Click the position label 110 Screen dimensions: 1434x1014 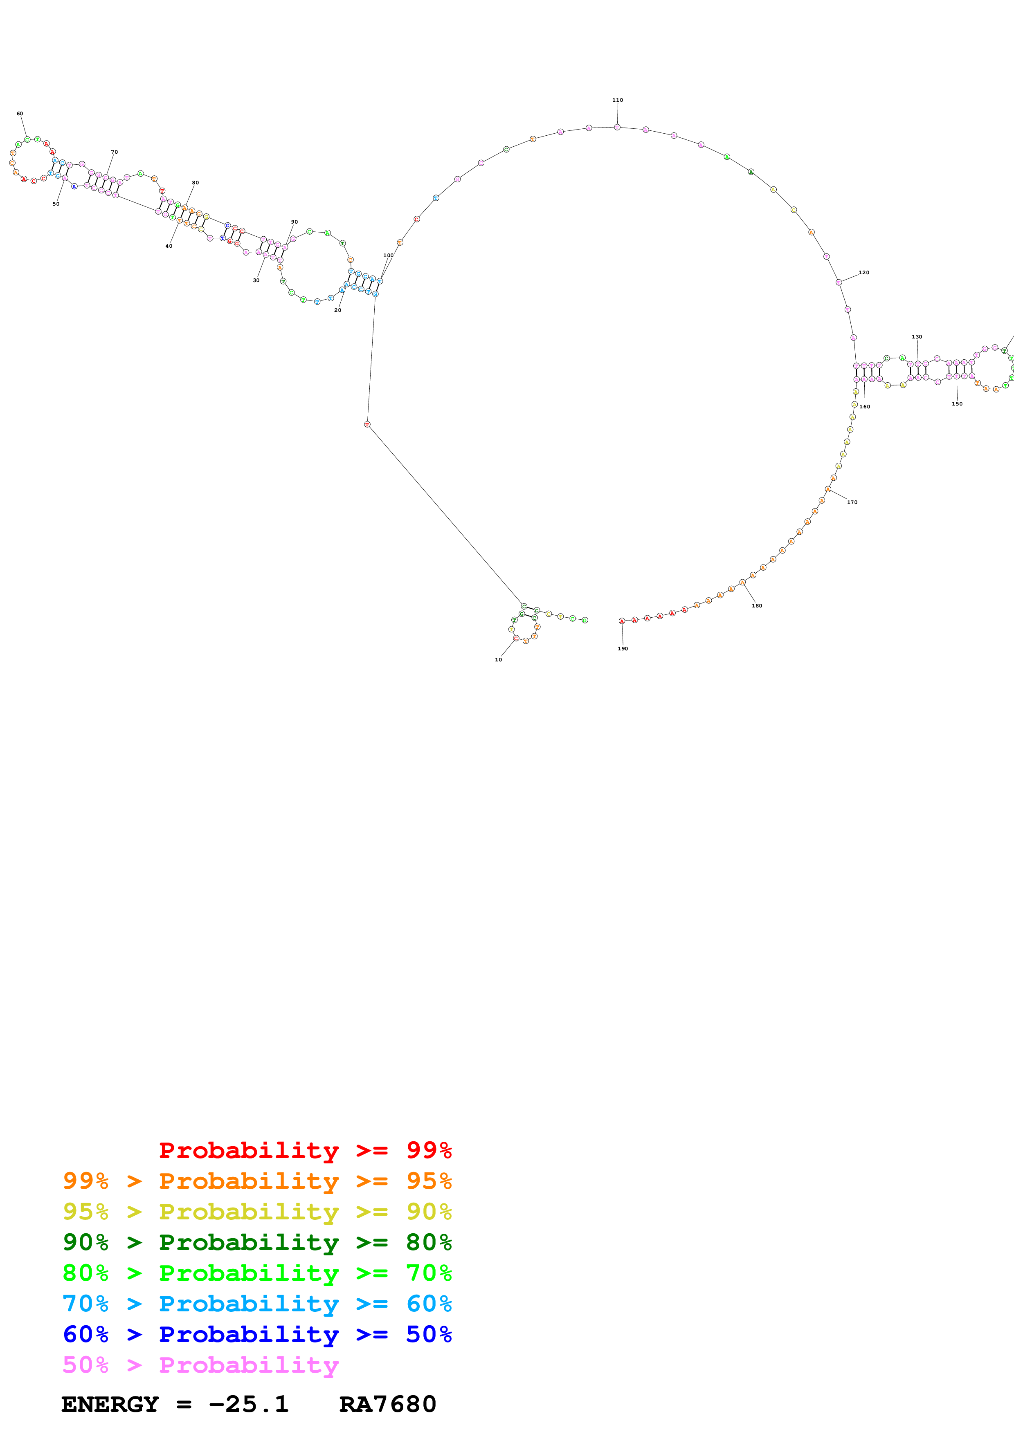tap(617, 100)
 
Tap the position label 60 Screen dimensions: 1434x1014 tap(20, 114)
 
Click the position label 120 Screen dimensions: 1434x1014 tap(864, 272)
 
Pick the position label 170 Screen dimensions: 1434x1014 tap(852, 502)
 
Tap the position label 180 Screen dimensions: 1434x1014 tap(757, 605)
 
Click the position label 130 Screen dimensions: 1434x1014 tap(917, 337)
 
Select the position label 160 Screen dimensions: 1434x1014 tap(865, 407)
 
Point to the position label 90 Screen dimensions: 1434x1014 tap(294, 222)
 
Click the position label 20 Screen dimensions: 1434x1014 tap(338, 310)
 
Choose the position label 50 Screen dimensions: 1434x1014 tap(56, 204)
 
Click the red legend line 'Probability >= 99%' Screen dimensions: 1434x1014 tap(305, 1150)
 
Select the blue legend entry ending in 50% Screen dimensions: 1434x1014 tap(257, 1334)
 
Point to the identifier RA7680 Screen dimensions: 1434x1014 tap(387, 1405)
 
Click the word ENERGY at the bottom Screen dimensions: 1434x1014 tap(110, 1405)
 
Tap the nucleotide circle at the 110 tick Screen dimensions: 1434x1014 tap(617, 127)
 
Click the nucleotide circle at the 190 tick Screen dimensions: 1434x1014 tap(622, 621)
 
